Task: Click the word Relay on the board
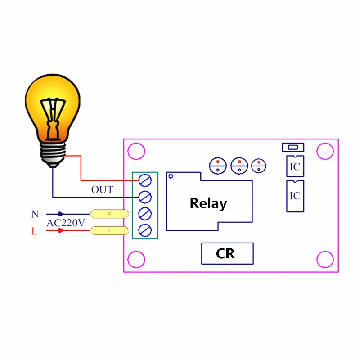pos(208,203)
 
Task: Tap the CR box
pos(227,253)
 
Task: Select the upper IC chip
pos(295,166)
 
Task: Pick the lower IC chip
pos(295,196)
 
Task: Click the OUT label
pos(102,190)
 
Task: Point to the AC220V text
pos(66,223)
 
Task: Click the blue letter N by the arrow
pos(35,215)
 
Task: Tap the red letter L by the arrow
pos(35,231)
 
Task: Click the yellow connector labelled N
pos(109,214)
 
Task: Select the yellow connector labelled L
pos(109,231)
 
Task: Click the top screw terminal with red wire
pos(145,180)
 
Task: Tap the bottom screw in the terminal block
pos(145,230)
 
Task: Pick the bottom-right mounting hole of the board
pos(325,259)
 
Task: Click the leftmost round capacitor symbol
pos(217,166)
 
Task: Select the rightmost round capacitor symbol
pos(259,166)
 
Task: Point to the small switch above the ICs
pos(292,147)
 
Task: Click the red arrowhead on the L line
pos(61,231)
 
